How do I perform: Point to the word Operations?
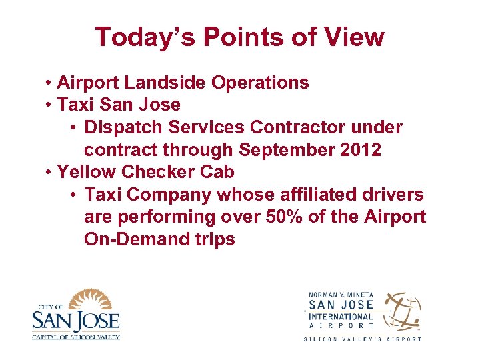(x=260, y=83)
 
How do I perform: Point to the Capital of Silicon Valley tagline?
(x=75, y=337)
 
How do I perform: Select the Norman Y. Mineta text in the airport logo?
(x=340, y=295)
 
